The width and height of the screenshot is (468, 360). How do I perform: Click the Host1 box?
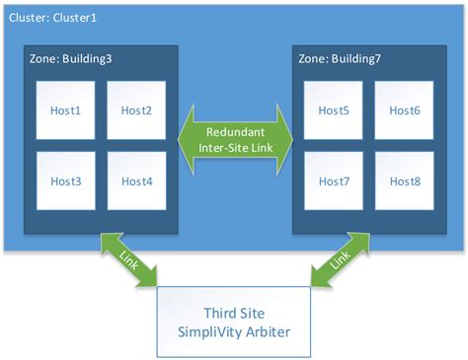pos(65,109)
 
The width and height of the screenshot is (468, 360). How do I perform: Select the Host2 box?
pos(136,109)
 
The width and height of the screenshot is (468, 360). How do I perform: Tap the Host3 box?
pos(65,180)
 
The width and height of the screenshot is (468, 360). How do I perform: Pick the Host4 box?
pos(136,180)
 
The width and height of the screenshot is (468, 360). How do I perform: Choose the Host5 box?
pos(334,109)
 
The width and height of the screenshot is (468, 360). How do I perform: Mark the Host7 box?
pos(334,180)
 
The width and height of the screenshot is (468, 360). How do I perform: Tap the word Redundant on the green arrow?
pos(235,131)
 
